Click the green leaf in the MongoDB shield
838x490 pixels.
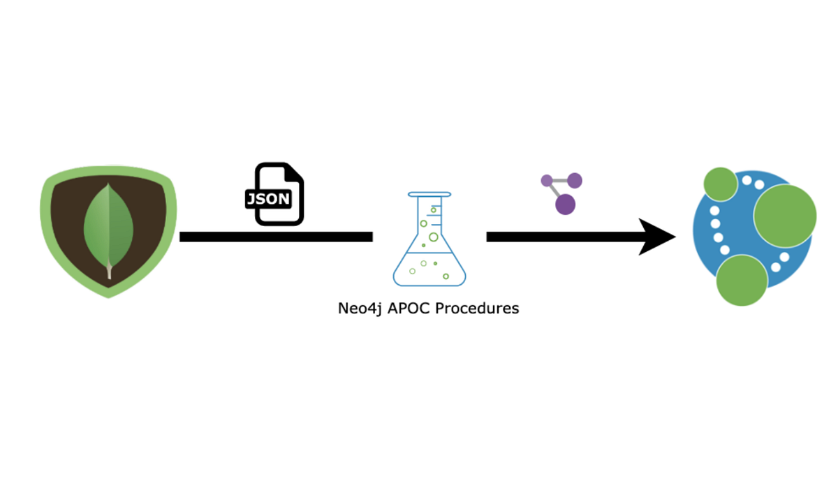pos(108,222)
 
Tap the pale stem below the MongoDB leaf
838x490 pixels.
pos(109,271)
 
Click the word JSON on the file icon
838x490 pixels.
pos(267,199)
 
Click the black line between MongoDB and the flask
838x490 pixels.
pos(276,237)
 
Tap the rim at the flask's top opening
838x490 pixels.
pos(429,195)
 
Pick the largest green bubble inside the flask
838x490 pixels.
pos(434,237)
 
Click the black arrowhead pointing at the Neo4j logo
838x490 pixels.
pos(656,237)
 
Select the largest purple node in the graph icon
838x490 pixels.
pos(565,204)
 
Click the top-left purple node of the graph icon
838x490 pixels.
pos(547,180)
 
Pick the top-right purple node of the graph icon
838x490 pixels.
pos(574,181)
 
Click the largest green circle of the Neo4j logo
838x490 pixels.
pos(785,216)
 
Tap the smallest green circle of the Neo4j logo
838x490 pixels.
pos(720,184)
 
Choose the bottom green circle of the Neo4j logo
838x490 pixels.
pos(742,281)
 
